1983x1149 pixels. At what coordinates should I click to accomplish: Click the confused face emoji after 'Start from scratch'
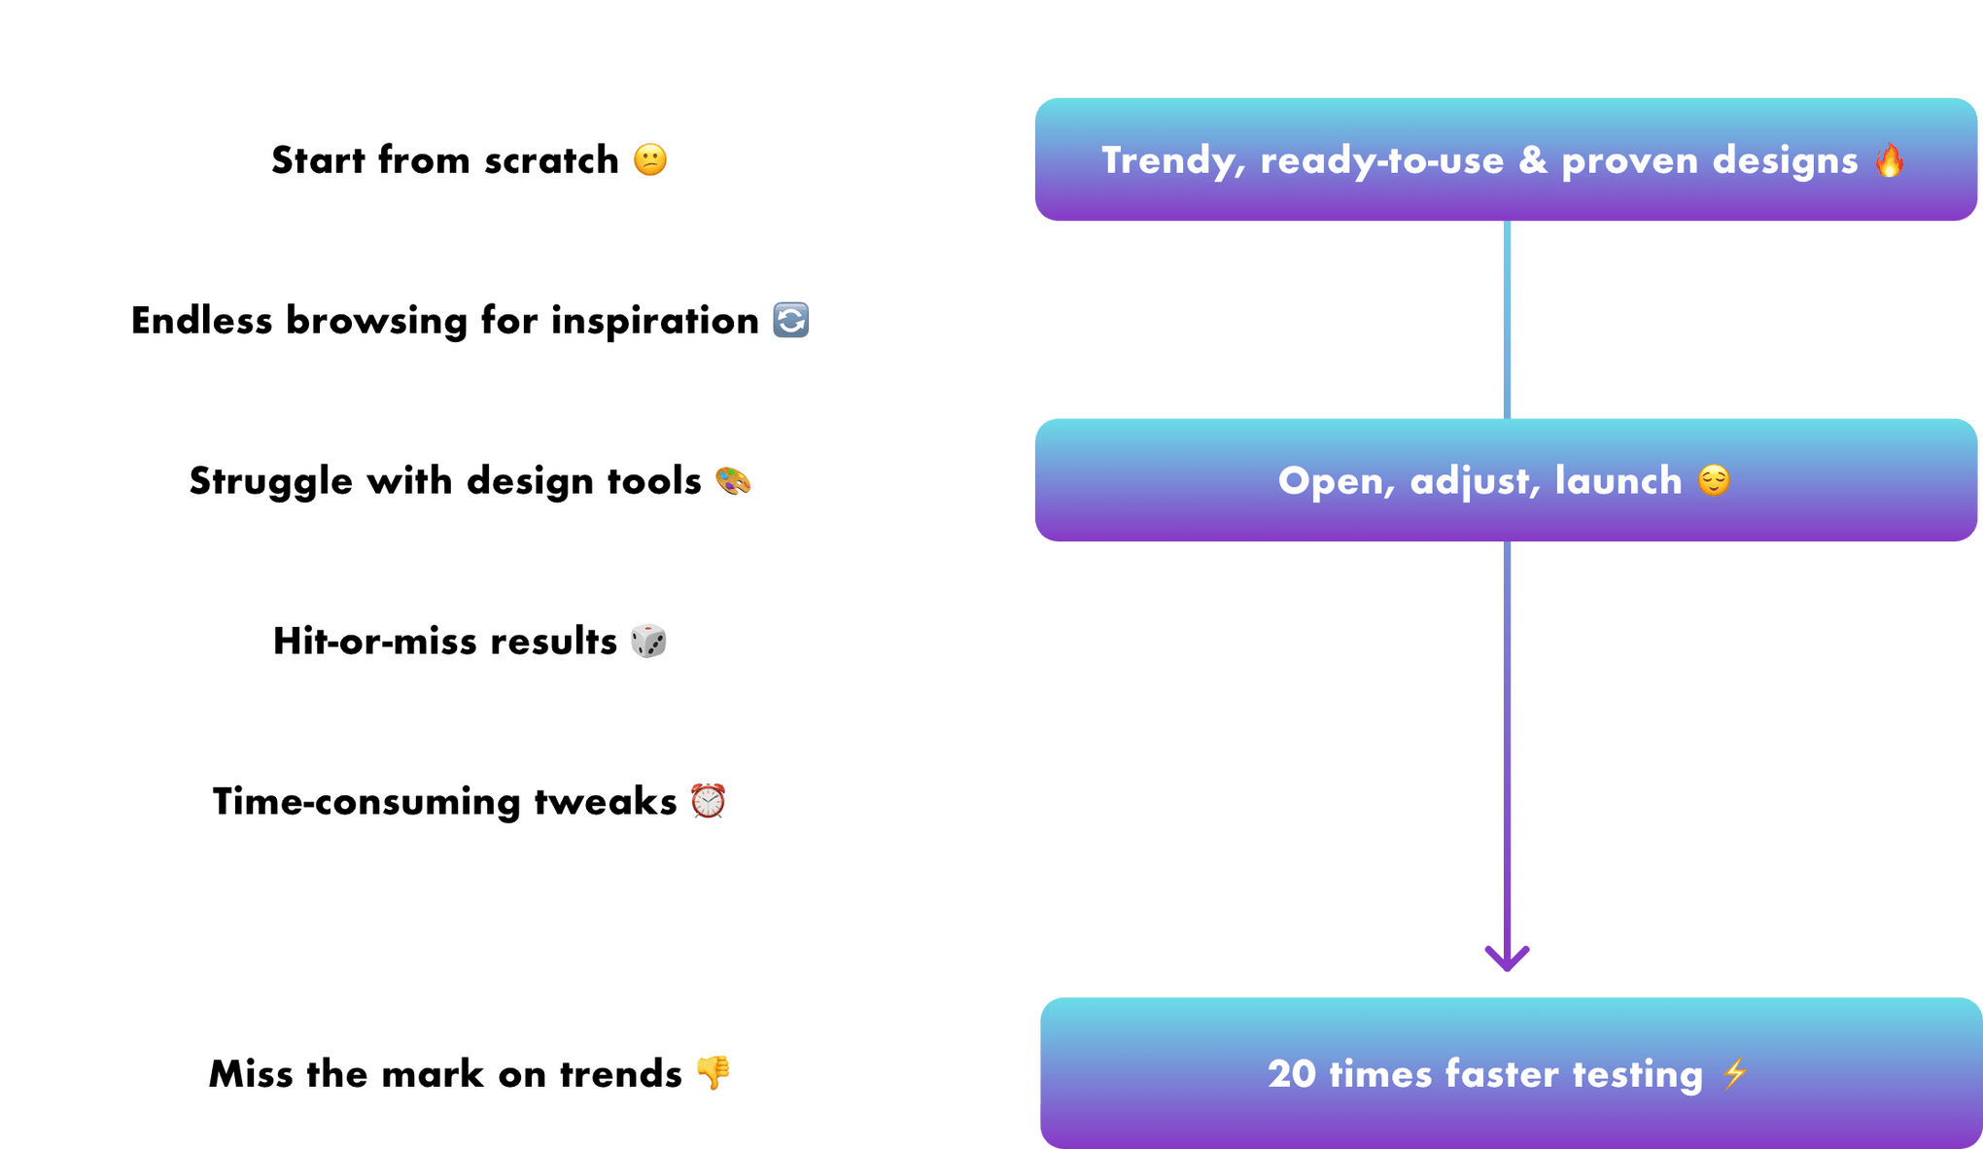pos(650,159)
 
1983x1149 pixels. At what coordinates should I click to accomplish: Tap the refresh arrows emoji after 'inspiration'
pos(790,320)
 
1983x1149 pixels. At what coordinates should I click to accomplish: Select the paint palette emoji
pos(733,480)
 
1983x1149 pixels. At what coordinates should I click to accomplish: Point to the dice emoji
pos(648,641)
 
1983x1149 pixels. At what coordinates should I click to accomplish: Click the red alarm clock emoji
pos(708,801)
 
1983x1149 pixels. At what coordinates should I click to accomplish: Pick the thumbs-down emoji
pos(713,1073)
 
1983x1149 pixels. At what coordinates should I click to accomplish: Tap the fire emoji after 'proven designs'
pos(1890,159)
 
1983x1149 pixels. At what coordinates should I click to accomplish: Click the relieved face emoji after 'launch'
pos(1714,480)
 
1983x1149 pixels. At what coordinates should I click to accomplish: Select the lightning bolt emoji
pos(1735,1074)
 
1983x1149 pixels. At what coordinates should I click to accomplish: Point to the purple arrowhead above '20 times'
pos(1508,957)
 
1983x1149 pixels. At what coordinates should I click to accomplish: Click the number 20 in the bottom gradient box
pos(1292,1074)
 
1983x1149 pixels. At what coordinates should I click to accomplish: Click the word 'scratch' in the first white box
pos(551,160)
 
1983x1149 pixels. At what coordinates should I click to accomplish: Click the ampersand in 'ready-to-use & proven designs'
pos(1533,160)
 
